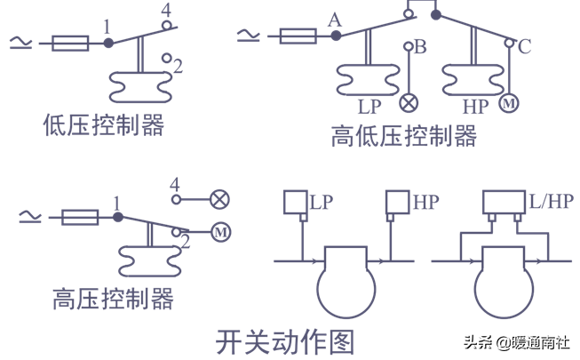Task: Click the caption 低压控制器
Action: [x=104, y=125]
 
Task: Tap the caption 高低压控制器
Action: [x=404, y=136]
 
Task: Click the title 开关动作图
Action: [x=285, y=341]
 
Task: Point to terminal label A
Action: [x=334, y=19]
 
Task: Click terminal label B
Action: [x=421, y=46]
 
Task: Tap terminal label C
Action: [x=524, y=47]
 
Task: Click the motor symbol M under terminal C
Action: [x=510, y=103]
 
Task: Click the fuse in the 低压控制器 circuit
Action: [x=70, y=43]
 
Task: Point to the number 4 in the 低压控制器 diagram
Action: [x=166, y=12]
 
